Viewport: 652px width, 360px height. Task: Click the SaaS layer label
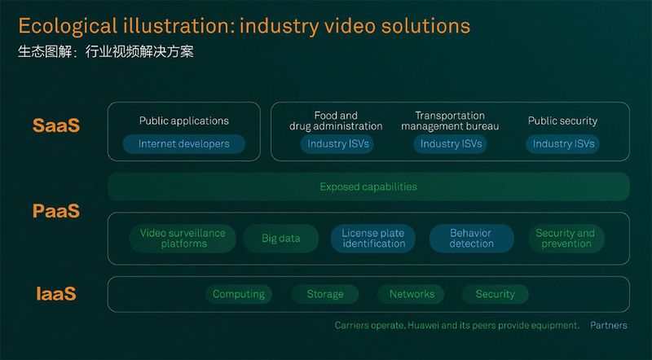tap(56, 126)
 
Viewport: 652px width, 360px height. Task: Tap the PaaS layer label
tap(56, 212)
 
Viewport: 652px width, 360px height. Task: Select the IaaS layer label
tap(55, 293)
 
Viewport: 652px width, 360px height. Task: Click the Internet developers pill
tap(184, 144)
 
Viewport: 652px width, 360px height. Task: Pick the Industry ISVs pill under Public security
tap(563, 144)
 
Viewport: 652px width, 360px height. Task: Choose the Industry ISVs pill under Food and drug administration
tap(336, 144)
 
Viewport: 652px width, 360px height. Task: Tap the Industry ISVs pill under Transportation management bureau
tap(450, 144)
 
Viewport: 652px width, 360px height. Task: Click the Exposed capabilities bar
tap(368, 187)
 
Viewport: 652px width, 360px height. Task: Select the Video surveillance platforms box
tap(182, 239)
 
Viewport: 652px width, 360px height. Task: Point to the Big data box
tap(280, 239)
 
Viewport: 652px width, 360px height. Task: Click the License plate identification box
tap(372, 239)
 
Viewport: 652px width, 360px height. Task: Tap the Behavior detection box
tap(471, 239)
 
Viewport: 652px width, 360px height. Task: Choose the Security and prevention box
tap(565, 239)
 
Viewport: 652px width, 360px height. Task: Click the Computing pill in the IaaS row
tap(238, 294)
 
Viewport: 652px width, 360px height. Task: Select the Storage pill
tap(324, 294)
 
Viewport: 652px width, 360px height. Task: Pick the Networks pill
tap(412, 294)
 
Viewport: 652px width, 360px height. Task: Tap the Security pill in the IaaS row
tap(495, 294)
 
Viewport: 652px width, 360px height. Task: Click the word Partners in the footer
tap(609, 325)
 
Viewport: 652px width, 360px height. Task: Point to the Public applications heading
tap(183, 121)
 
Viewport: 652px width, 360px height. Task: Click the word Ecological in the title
tap(64, 26)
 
